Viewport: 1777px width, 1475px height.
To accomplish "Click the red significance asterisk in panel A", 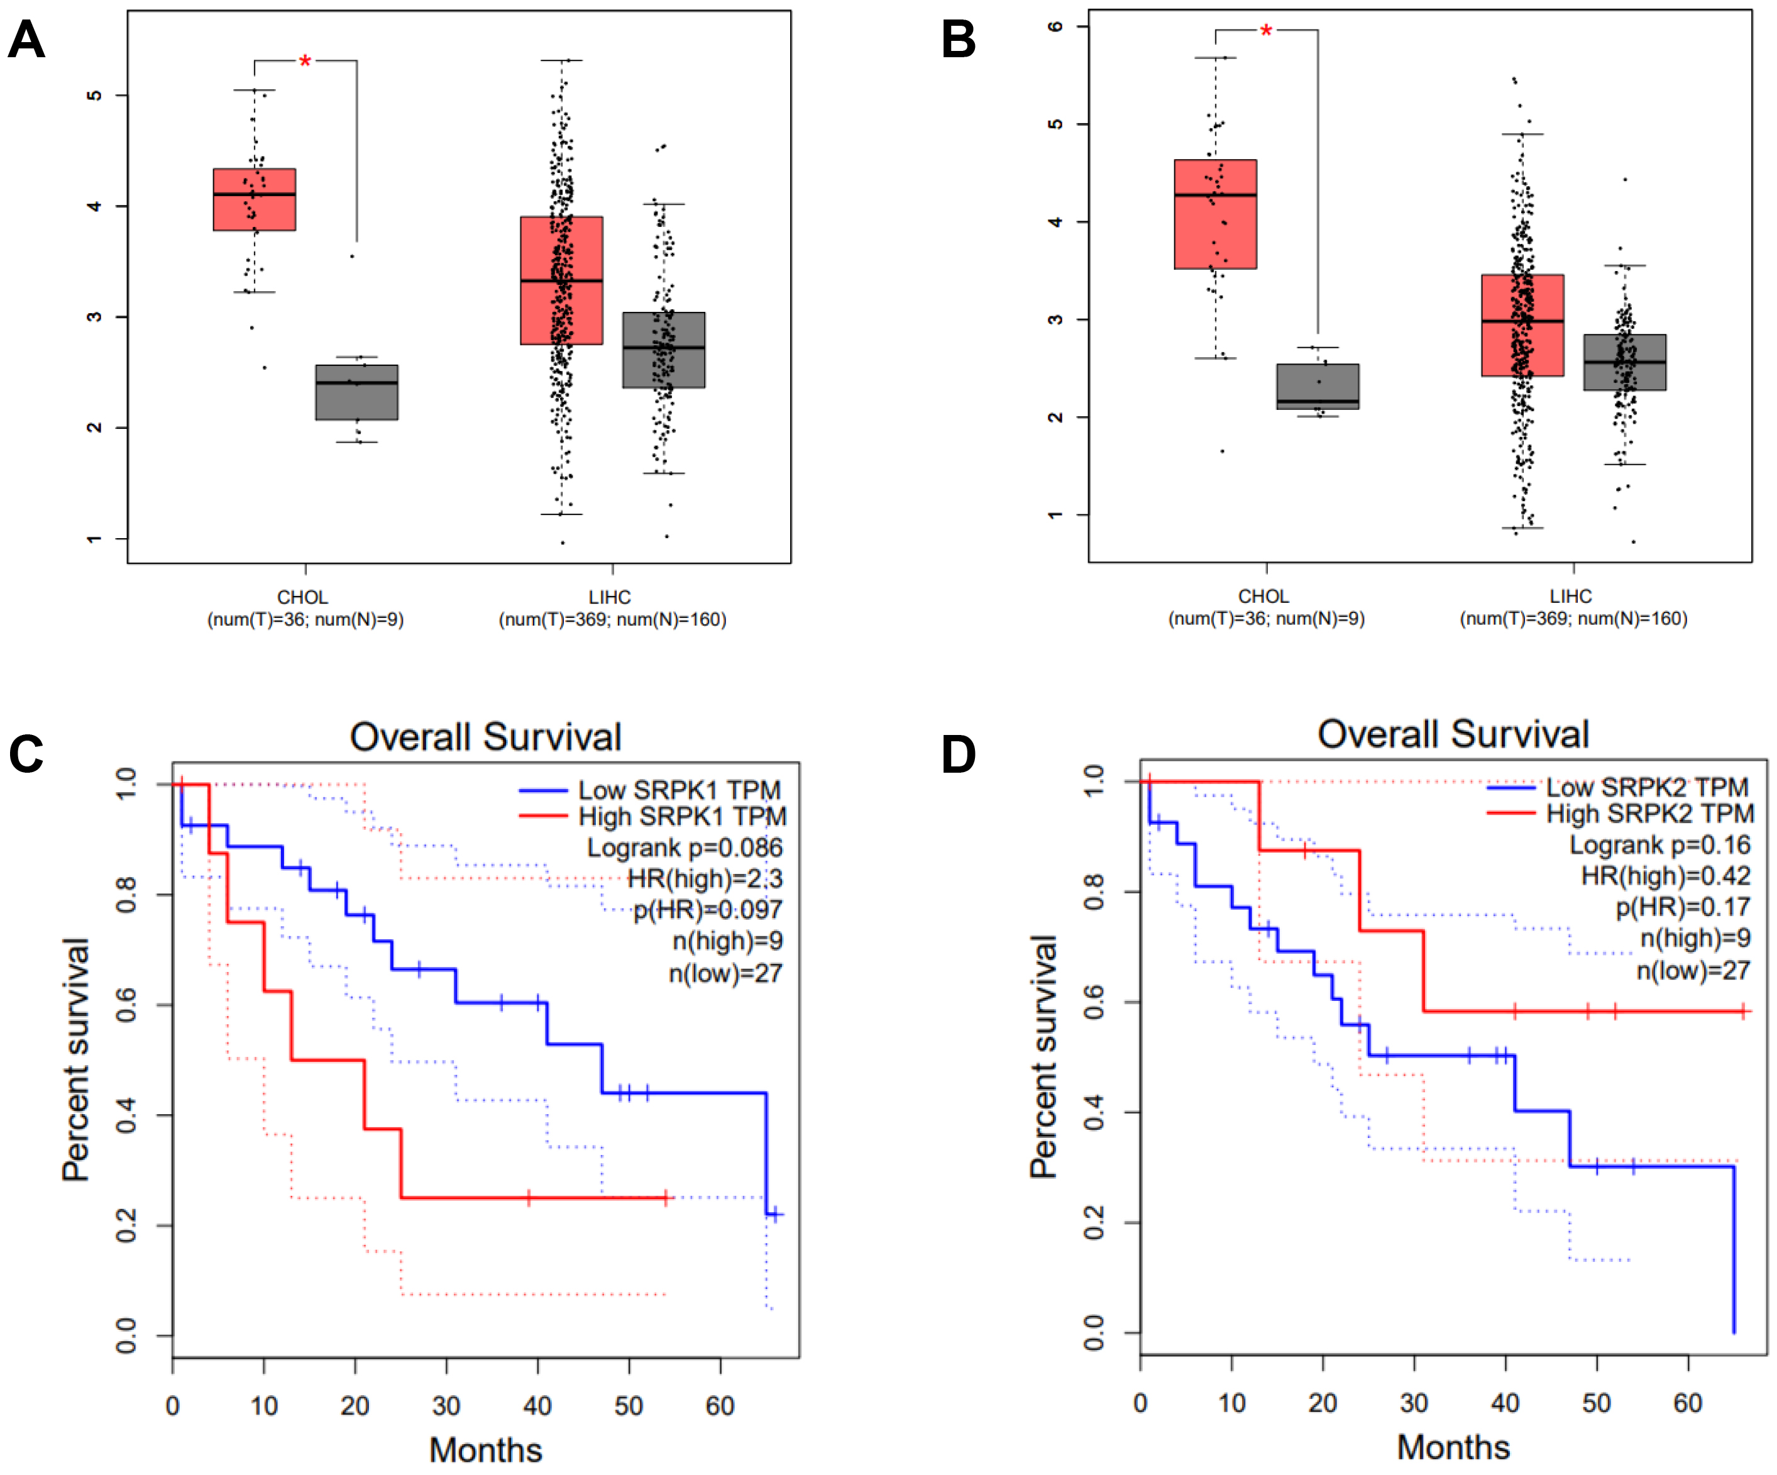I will (x=305, y=62).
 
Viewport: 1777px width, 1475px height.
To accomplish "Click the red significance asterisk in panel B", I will (x=1265, y=32).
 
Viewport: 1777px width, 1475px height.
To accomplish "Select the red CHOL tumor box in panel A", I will (x=254, y=200).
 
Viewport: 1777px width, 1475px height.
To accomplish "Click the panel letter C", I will (x=26, y=753).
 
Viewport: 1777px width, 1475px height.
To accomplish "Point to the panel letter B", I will (x=958, y=40).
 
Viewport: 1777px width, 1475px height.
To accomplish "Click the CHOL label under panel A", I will (x=302, y=597).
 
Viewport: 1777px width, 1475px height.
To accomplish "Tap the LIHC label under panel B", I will (x=1571, y=596).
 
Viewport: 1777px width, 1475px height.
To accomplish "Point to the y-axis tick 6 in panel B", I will (x=1055, y=27).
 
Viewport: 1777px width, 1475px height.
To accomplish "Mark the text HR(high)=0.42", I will (x=1665, y=875).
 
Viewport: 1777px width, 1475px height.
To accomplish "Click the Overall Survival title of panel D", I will (x=1453, y=734).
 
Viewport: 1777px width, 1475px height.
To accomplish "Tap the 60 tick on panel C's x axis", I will (x=720, y=1406).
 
